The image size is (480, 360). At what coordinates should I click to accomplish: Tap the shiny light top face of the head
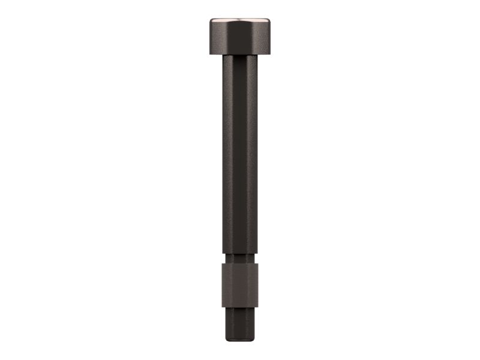(x=240, y=21)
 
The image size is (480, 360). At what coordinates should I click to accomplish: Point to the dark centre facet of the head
(x=240, y=40)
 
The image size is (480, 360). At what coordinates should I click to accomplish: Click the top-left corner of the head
(x=211, y=19)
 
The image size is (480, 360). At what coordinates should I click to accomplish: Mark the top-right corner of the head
(x=269, y=19)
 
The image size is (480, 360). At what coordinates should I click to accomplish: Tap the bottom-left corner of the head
(x=211, y=54)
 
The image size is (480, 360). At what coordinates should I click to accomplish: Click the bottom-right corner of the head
(x=269, y=54)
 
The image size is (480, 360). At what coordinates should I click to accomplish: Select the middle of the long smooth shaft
(x=240, y=156)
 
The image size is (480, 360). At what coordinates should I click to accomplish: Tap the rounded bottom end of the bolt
(x=240, y=340)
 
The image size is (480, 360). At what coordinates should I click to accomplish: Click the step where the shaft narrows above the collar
(x=240, y=255)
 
